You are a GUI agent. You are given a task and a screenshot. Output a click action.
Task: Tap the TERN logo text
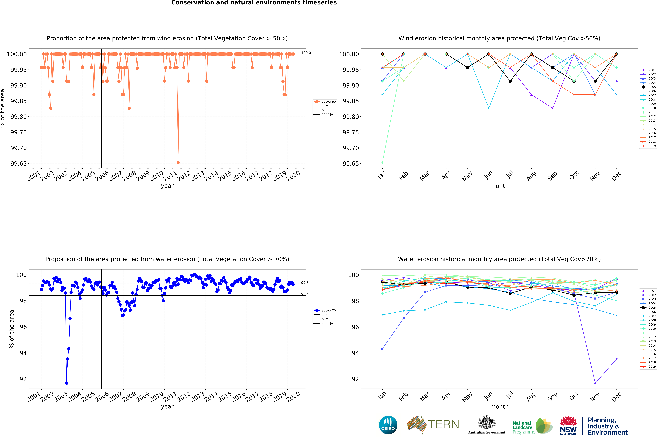443,424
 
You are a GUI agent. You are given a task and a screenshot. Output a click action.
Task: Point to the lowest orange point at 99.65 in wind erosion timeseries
178,162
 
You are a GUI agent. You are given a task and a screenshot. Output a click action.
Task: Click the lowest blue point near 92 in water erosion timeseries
66,383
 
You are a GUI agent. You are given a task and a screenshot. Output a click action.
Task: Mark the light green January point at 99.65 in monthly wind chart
382,162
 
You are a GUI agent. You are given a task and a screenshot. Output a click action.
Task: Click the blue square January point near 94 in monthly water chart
382,349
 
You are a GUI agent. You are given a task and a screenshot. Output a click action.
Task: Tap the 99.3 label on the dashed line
305,283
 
